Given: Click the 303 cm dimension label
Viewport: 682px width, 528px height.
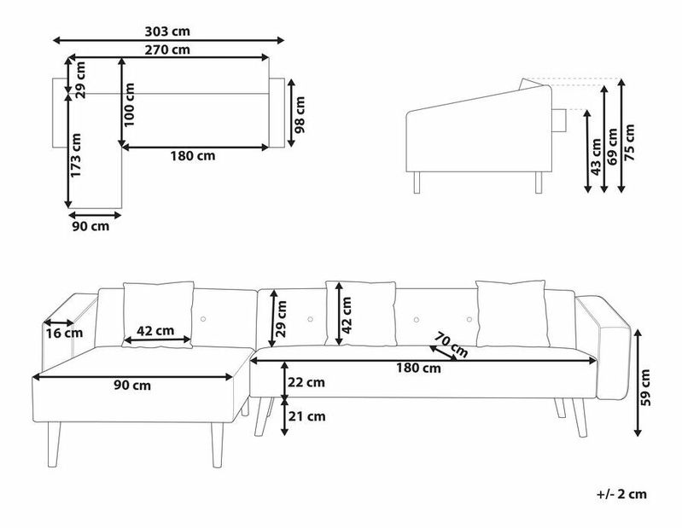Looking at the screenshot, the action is point(167,32).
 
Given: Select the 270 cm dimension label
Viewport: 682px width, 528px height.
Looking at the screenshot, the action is point(167,49).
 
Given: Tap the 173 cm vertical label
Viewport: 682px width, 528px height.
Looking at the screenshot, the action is point(76,155).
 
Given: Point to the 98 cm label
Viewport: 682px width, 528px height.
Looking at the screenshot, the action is point(300,114).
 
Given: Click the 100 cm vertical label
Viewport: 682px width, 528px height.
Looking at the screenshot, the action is point(129,105).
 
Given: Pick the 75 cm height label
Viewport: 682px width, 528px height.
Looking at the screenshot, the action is point(629,142).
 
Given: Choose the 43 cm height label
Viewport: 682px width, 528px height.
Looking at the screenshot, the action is point(597,157).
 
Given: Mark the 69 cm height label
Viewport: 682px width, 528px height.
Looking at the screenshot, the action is point(612,147).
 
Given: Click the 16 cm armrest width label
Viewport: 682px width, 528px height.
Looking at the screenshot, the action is point(64,334).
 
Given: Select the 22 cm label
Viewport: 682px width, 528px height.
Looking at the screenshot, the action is point(306,382).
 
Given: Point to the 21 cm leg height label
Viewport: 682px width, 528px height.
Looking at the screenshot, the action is point(307,416).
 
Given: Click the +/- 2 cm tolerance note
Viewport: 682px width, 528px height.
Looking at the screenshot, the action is point(621,494).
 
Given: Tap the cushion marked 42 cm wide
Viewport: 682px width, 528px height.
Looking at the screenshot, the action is point(158,315).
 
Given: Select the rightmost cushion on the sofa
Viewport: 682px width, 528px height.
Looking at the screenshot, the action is point(511,313).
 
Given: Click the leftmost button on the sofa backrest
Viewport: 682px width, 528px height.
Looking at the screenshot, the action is point(203,319).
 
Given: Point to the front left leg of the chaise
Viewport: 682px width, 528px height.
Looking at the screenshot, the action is point(53,444).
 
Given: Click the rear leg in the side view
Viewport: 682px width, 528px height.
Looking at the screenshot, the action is point(539,183).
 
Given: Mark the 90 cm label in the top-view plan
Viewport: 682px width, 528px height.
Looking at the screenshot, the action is point(90,226).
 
